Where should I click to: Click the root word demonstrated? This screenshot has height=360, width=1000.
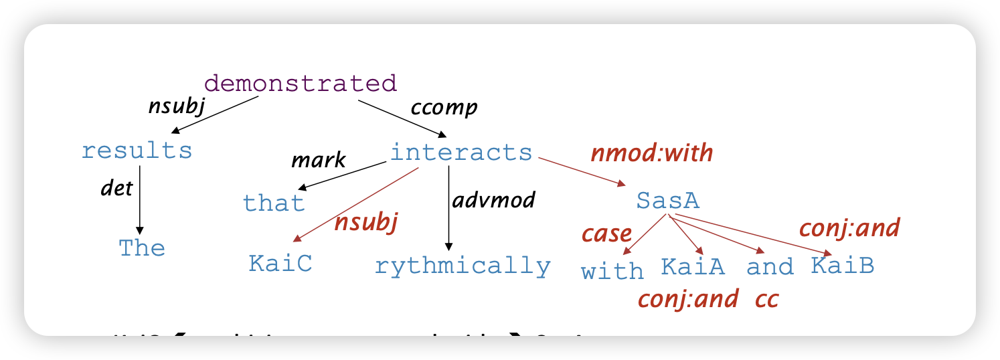[x=301, y=84]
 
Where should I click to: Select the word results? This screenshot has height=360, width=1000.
[x=137, y=151]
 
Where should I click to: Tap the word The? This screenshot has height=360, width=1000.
[x=142, y=248]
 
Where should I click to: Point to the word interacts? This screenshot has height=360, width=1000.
[x=461, y=153]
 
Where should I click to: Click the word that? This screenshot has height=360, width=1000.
[x=274, y=202]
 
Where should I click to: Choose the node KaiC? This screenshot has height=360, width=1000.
[x=280, y=264]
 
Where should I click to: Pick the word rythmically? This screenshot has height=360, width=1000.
[x=463, y=266]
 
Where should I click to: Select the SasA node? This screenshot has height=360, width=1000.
[x=667, y=200]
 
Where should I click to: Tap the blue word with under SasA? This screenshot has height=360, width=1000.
[x=612, y=271]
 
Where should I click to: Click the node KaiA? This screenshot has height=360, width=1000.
[x=693, y=266]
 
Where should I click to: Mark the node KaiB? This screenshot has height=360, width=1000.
[x=843, y=266]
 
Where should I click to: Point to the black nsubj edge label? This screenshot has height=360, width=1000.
[x=176, y=107]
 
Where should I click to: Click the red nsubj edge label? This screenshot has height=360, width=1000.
[x=366, y=222]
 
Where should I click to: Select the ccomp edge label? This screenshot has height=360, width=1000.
[x=444, y=107]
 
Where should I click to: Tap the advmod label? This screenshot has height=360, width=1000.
[x=494, y=199]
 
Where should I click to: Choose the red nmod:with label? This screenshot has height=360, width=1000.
[x=651, y=153]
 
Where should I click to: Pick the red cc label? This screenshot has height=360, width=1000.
[x=767, y=298]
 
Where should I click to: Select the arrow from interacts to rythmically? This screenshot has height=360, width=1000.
[x=448, y=207]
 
